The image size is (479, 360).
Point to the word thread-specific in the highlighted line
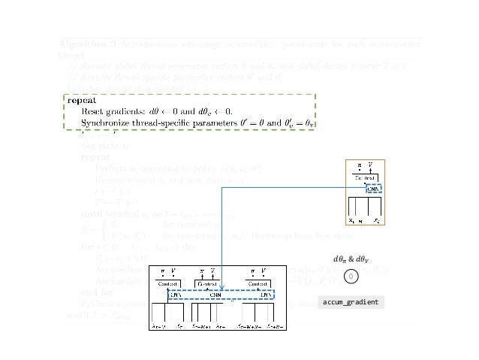184,123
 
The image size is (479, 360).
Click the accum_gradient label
351,301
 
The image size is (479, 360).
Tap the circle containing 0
351,277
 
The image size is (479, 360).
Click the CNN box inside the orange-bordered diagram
373,189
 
